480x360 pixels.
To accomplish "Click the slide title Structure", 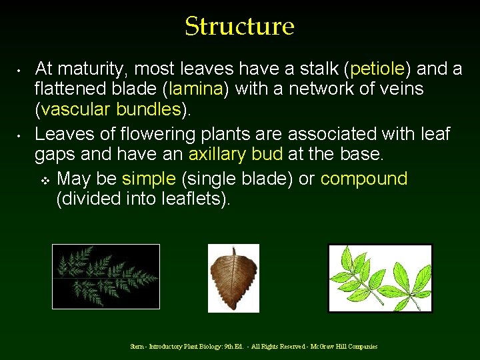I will point(239,27).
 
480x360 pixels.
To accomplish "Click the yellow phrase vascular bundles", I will point(111,109).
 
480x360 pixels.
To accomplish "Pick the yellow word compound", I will point(364,179).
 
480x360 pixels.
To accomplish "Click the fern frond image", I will point(106,276).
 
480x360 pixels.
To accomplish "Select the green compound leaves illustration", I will point(380,277).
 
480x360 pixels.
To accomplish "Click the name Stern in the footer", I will point(138,347).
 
